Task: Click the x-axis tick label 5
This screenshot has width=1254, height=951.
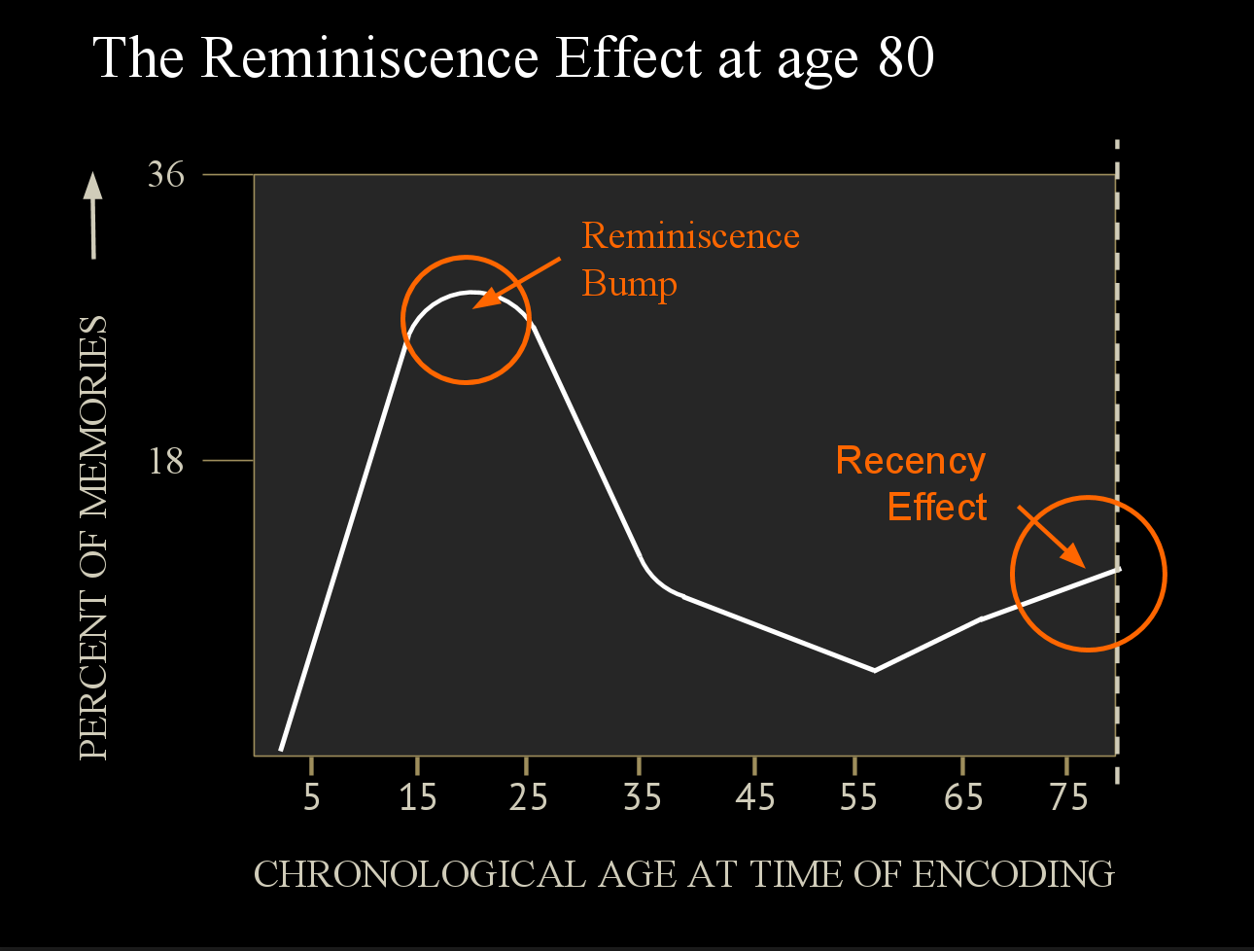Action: click(x=311, y=797)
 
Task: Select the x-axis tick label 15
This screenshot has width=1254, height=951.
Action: click(x=418, y=797)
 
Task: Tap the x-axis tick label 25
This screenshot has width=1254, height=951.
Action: click(x=528, y=797)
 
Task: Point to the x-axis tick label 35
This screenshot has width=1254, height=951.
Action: click(x=642, y=797)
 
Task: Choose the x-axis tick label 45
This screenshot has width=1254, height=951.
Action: click(x=754, y=797)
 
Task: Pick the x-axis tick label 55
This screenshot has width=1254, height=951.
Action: click(x=858, y=797)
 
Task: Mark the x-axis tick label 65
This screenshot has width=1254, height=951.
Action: click(x=963, y=797)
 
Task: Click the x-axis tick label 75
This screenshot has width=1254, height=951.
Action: click(x=1068, y=797)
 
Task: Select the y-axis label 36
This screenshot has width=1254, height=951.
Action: click(x=165, y=175)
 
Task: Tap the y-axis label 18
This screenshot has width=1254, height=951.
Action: click(x=166, y=460)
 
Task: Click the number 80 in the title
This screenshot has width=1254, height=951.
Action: click(x=906, y=58)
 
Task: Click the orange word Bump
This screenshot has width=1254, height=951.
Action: click(x=629, y=285)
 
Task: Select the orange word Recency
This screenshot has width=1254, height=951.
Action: click(x=910, y=461)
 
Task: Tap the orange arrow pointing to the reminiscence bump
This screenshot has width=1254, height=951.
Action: click(x=517, y=283)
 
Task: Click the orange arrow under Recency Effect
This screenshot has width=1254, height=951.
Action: click(x=1052, y=536)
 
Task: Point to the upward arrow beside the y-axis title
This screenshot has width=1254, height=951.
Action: click(x=93, y=216)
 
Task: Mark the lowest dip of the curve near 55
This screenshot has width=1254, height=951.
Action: click(x=875, y=670)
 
